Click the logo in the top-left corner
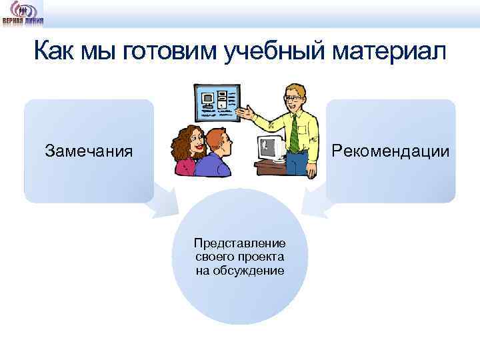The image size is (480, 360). point(22,13)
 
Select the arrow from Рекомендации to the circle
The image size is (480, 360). point(313,201)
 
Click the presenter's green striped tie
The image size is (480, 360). point(294,133)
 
